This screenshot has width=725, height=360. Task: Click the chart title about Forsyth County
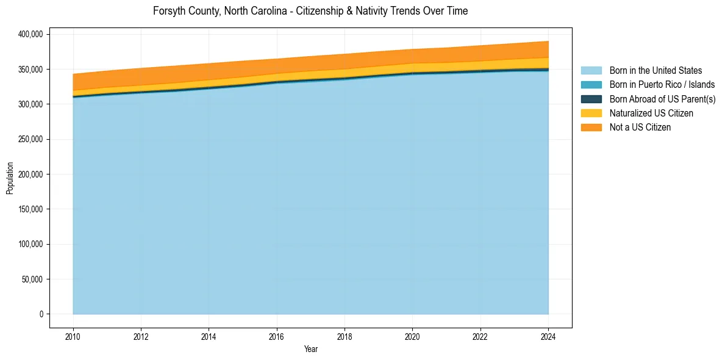pyautogui.click(x=310, y=11)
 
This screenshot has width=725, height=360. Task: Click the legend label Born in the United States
pyautogui.click(x=655, y=71)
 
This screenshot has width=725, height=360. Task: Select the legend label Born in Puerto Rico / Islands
pyautogui.click(x=662, y=85)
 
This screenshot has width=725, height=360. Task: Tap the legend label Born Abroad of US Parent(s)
pyautogui.click(x=662, y=99)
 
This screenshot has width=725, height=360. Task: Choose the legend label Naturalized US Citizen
pyautogui.click(x=651, y=113)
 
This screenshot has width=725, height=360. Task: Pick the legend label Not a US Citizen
pyautogui.click(x=640, y=127)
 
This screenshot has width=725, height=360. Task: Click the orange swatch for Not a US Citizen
pyautogui.click(x=591, y=127)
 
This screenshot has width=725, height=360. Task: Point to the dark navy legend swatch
pyautogui.click(x=591, y=99)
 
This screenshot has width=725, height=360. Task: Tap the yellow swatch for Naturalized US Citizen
pyautogui.click(x=591, y=113)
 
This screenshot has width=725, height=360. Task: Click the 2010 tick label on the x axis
pyautogui.click(x=73, y=336)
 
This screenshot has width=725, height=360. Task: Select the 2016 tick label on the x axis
pyautogui.click(x=277, y=336)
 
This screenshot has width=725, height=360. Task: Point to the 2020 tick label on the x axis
pyautogui.click(x=413, y=336)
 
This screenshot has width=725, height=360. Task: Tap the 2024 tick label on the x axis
pyautogui.click(x=548, y=336)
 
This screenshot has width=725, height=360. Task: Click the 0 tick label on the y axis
pyautogui.click(x=41, y=314)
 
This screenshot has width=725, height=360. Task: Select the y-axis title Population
pyautogui.click(x=10, y=178)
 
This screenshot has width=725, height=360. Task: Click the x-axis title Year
pyautogui.click(x=310, y=349)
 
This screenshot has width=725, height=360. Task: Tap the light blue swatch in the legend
pyautogui.click(x=591, y=71)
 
